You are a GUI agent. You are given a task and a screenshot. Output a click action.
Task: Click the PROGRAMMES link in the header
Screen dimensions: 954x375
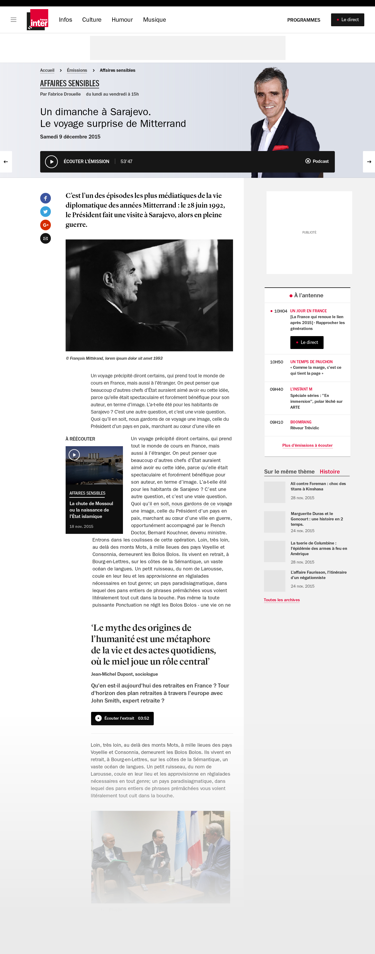coord(303,20)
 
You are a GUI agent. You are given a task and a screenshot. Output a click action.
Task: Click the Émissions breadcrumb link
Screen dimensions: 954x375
coord(77,70)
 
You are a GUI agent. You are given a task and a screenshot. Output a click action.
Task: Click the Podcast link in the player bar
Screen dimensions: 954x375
coord(317,161)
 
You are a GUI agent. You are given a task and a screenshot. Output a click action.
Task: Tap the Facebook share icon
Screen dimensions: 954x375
coord(46,198)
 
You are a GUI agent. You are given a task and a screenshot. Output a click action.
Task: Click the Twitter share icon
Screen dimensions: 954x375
coord(46,212)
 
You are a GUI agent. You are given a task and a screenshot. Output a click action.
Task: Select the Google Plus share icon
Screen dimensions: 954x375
coord(46,225)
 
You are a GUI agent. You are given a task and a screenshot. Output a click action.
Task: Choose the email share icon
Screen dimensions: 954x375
coord(46,238)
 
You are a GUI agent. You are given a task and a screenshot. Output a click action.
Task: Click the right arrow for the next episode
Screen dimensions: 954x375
coord(369,162)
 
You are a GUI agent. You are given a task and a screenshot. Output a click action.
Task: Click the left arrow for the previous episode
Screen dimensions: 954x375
coord(6,162)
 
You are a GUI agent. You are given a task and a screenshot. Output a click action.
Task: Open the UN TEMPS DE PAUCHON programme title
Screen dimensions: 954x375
coord(311,362)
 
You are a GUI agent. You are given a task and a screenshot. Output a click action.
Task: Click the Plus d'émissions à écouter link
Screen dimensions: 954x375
coord(307,445)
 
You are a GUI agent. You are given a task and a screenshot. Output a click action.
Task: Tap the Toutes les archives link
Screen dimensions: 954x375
coord(282,600)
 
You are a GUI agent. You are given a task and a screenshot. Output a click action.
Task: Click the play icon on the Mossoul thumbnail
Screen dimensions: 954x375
coord(74,455)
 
